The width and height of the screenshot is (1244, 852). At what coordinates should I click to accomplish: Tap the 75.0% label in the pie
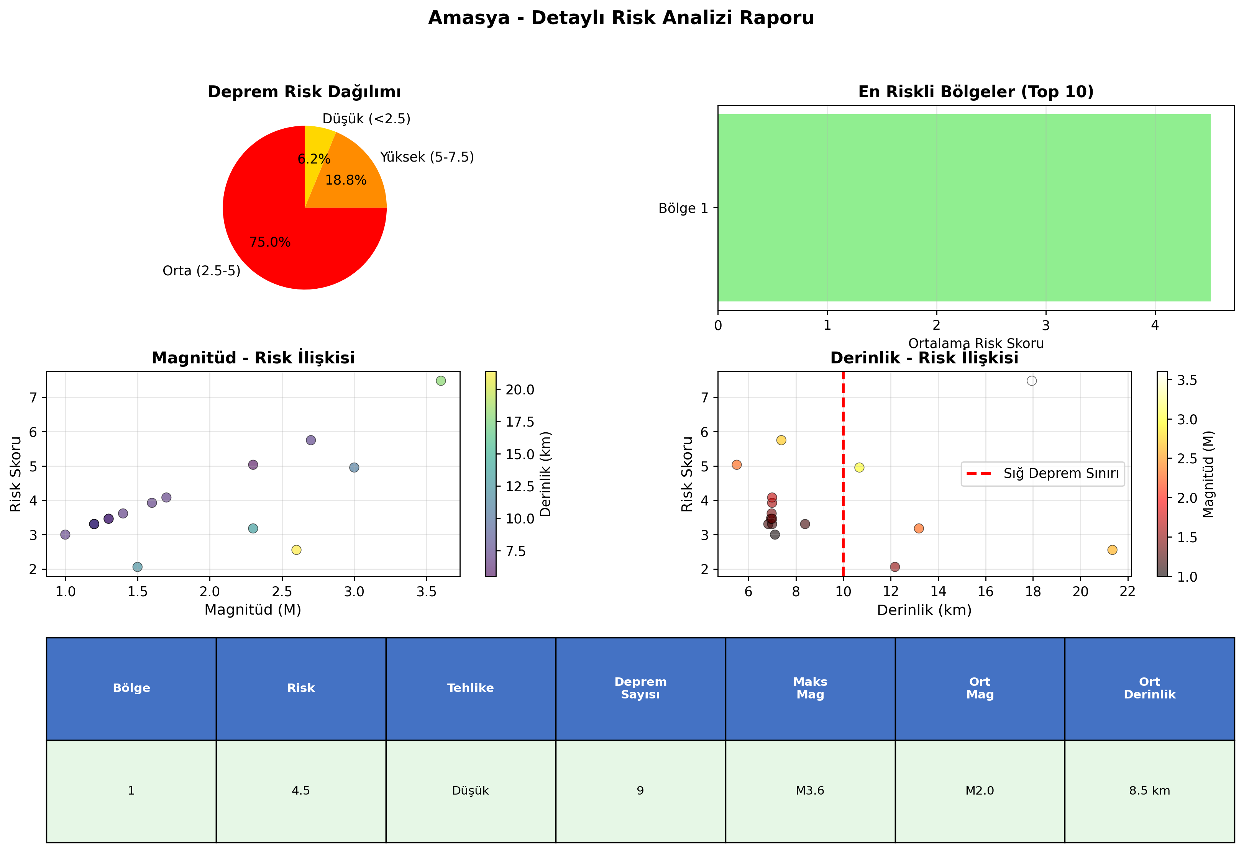coord(270,242)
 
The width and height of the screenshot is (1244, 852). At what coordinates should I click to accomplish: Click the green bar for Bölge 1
coord(964,208)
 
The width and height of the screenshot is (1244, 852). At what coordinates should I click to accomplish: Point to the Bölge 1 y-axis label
coord(683,208)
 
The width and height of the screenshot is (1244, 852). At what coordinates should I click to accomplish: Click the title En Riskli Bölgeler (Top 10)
coord(976,92)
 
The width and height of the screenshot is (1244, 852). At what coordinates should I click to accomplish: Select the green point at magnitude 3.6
coord(441,381)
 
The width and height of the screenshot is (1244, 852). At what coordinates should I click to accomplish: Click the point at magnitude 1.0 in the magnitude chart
coord(65,534)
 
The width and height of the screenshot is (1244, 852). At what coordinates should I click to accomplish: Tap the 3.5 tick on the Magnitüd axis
coord(427,592)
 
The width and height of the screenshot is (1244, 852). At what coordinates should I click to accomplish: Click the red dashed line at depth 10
coord(843,474)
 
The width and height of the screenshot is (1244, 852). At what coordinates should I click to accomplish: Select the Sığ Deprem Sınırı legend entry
coord(1043,473)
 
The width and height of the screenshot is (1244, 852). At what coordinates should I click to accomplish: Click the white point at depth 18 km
coord(1031,381)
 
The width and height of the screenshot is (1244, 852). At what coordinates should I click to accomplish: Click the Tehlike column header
coord(471,688)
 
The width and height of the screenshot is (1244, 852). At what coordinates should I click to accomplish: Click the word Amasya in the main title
coord(469,18)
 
